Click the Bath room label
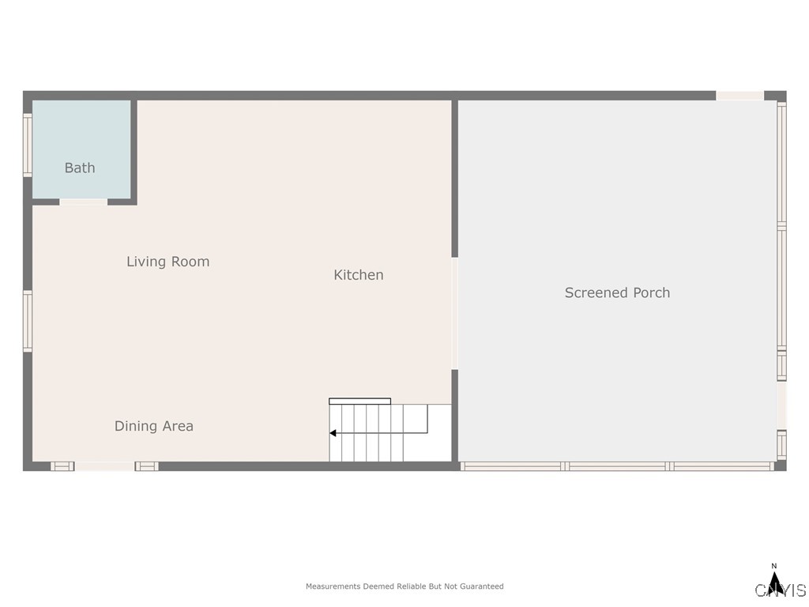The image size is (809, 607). pyautogui.click(x=80, y=168)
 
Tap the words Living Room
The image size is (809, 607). pyautogui.click(x=167, y=262)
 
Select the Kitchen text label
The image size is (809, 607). pyautogui.click(x=358, y=275)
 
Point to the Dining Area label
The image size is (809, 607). pyautogui.click(x=153, y=426)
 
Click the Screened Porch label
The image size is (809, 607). pyautogui.click(x=617, y=292)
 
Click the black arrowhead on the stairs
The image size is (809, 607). pyautogui.click(x=333, y=433)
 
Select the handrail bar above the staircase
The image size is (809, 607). pyautogui.click(x=359, y=401)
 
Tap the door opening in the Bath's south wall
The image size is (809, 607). pyautogui.click(x=83, y=202)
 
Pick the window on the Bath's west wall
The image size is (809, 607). pyautogui.click(x=27, y=145)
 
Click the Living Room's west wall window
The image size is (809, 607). pyautogui.click(x=27, y=321)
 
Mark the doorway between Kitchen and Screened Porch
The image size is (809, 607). pyautogui.click(x=454, y=313)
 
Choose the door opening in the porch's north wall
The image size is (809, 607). pyautogui.click(x=739, y=96)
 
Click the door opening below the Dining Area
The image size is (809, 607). pyautogui.click(x=104, y=466)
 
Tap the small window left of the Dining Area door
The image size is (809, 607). pyautogui.click(x=62, y=466)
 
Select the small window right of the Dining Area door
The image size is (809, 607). pyautogui.click(x=146, y=466)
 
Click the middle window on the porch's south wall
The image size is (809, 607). pyautogui.click(x=617, y=466)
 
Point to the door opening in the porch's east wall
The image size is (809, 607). pyautogui.click(x=781, y=405)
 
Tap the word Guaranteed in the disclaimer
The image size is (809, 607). pyautogui.click(x=481, y=586)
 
